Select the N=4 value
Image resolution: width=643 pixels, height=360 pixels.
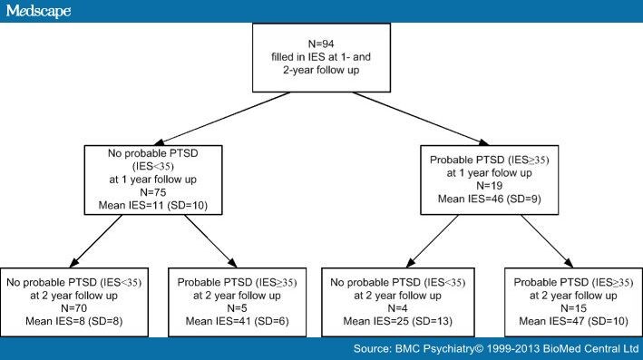(397, 306)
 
